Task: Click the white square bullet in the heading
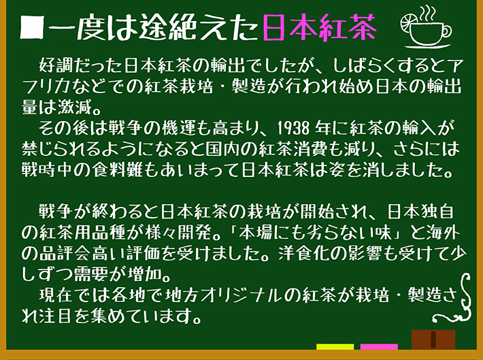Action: click(x=32, y=28)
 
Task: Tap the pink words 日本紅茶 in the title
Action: click(x=320, y=27)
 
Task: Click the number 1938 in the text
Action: click(x=293, y=128)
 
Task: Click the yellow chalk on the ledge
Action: click(x=335, y=347)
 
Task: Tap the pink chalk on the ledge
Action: click(x=379, y=347)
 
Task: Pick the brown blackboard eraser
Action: click(x=433, y=340)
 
